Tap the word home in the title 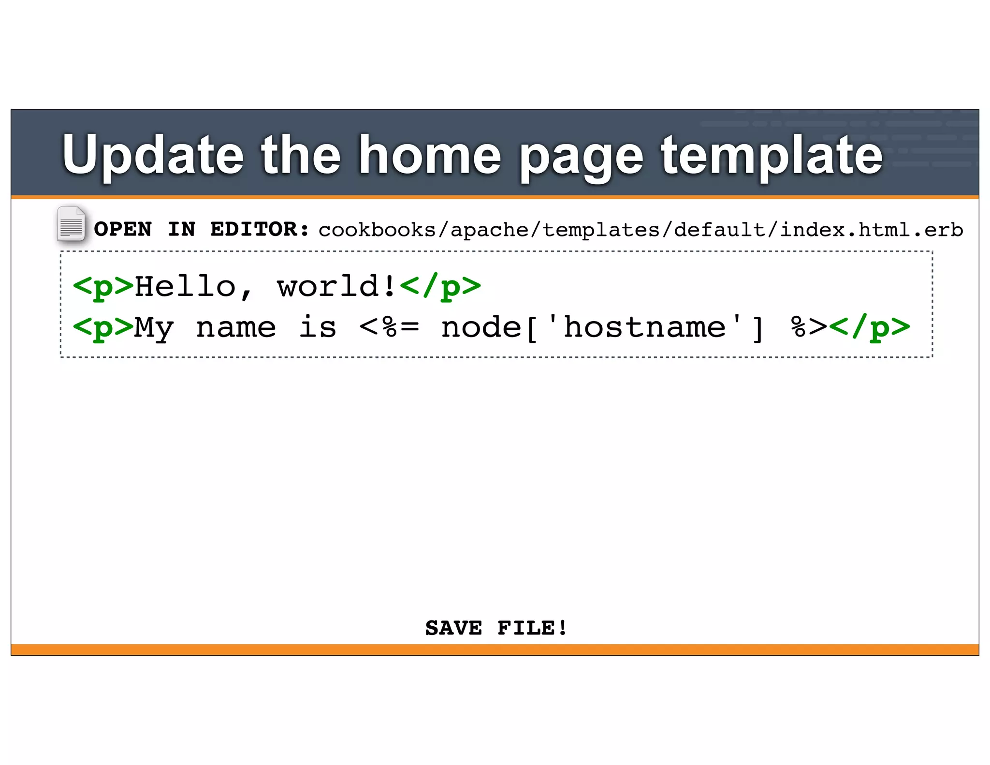pos(430,155)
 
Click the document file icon pos(71,224)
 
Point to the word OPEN pos(123,229)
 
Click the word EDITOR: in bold pos(260,229)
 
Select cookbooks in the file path pos(377,230)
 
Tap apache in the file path pos(489,230)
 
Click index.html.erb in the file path pos(872,230)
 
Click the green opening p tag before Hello pos(103,286)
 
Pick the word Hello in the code pos(185,286)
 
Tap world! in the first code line pos(336,286)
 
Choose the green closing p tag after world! pos(440,286)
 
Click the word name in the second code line pos(236,327)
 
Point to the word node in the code pos(481,327)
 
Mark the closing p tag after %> pos(869,327)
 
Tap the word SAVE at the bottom pos(453,628)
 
